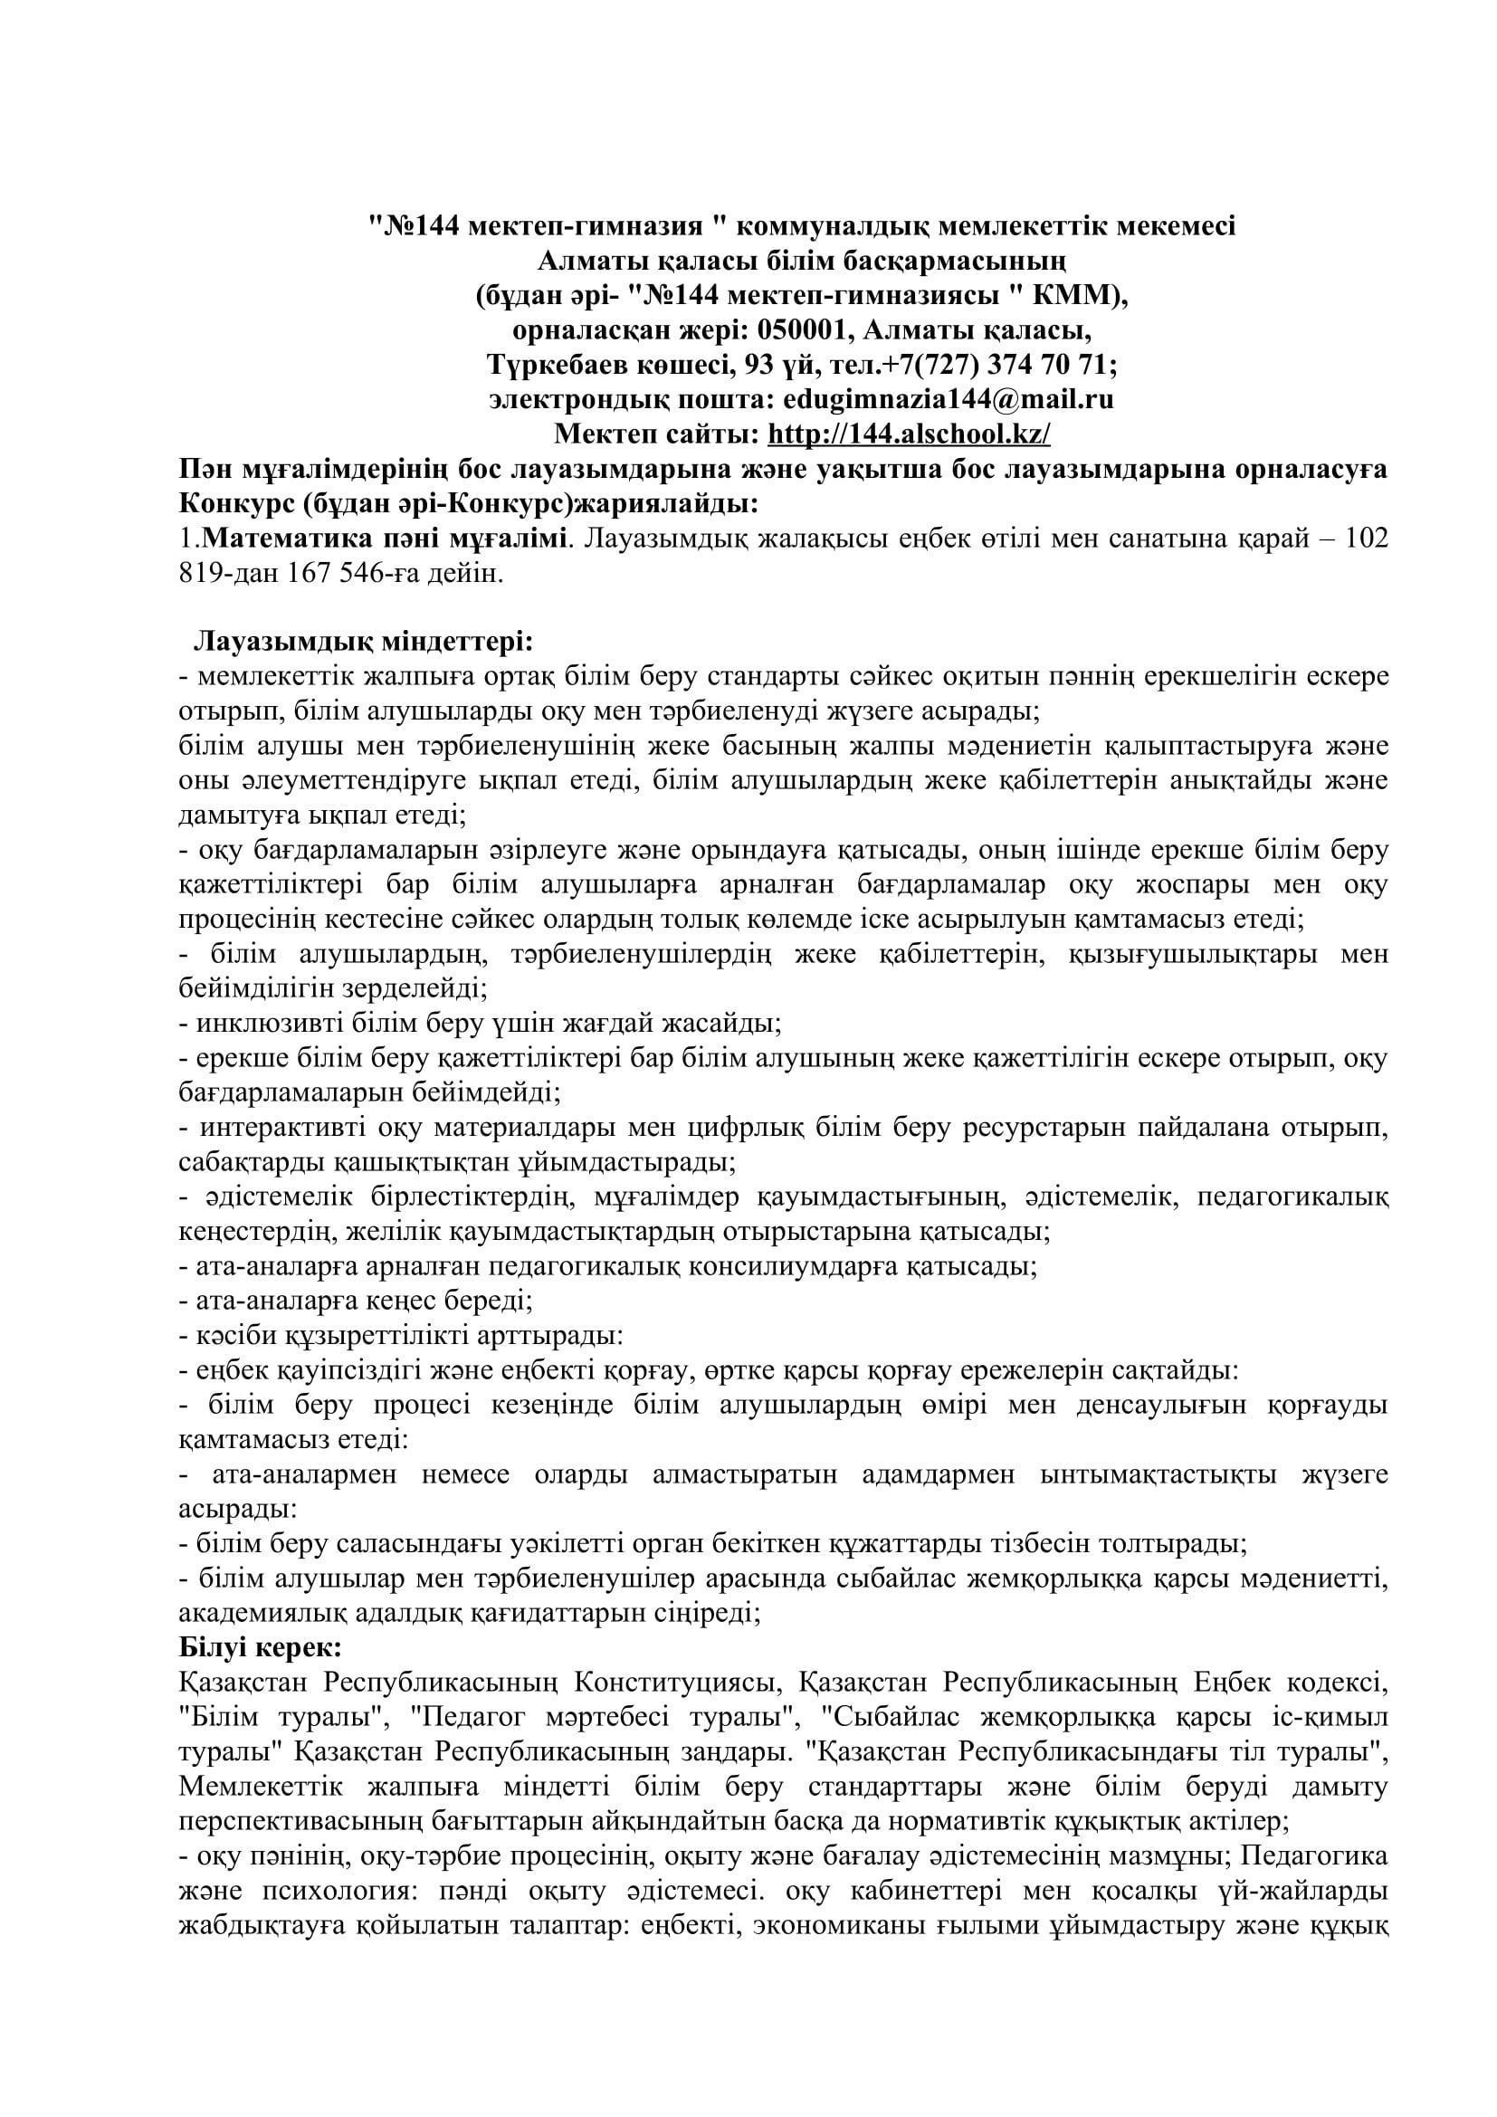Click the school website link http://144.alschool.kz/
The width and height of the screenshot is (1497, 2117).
[x=908, y=433]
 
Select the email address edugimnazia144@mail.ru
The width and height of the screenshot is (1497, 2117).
[x=947, y=398]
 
